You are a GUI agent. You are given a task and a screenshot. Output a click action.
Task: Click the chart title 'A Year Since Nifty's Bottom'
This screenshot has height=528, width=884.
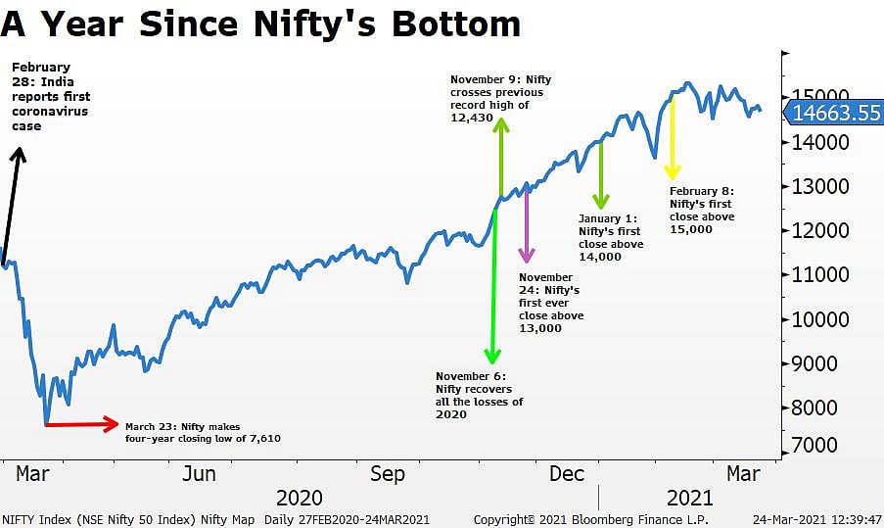260,24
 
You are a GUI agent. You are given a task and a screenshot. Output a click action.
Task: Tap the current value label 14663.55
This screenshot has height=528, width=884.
837,113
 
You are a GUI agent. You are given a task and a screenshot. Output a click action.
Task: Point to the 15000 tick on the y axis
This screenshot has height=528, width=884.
819,98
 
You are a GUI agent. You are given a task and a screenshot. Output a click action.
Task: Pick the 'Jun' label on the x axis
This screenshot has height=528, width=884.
200,474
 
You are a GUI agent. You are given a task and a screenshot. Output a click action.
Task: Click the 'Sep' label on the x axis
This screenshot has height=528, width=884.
387,474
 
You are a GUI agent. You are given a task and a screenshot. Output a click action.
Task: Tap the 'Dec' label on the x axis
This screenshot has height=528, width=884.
567,474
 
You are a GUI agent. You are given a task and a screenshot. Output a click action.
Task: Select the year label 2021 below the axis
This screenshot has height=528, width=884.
689,498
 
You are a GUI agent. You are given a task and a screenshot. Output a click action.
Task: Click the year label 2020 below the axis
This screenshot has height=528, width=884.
300,498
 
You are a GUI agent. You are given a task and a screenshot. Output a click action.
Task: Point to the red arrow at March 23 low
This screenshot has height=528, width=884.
80,424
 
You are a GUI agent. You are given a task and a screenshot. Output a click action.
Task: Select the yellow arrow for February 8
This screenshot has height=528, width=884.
673,137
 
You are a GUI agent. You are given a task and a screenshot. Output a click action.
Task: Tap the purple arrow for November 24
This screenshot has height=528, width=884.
527,225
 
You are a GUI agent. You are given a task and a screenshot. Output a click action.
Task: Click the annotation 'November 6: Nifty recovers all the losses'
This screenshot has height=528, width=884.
479,395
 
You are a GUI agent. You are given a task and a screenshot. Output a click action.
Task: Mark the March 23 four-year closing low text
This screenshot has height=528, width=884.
203,432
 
